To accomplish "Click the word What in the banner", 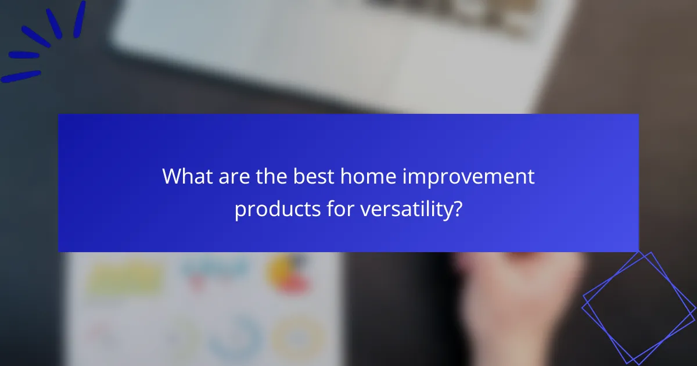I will (185, 176).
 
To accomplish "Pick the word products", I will (275, 209).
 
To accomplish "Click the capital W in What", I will (172, 176).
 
